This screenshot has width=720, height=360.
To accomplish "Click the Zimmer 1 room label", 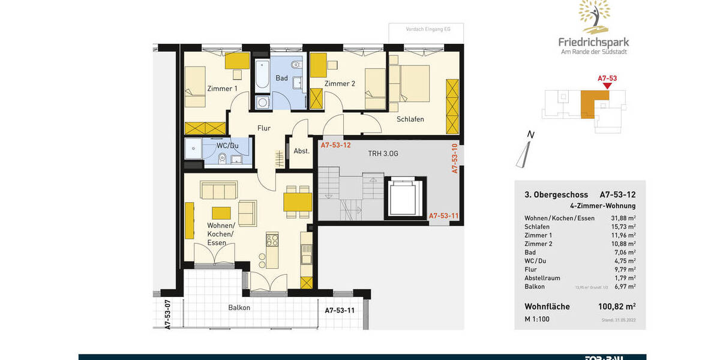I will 222,89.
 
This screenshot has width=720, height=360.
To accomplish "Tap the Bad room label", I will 281,78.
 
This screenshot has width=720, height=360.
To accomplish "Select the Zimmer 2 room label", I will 340,84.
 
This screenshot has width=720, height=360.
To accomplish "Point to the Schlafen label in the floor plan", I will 410,119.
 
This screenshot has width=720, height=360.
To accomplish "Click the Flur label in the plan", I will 264,128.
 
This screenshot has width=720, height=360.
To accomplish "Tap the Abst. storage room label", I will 301,151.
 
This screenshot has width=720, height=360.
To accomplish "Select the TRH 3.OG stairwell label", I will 383,154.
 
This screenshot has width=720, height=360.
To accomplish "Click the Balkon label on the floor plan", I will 239,308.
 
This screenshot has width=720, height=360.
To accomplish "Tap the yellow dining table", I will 298,202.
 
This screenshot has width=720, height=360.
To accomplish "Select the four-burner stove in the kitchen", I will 272,240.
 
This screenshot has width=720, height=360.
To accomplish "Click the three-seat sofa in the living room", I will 218,191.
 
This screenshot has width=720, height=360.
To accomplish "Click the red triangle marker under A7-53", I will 607,86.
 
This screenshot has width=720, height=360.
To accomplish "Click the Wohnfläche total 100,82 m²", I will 617,307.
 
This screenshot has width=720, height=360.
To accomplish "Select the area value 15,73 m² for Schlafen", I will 623,227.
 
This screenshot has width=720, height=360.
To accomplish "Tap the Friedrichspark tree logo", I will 594,16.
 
